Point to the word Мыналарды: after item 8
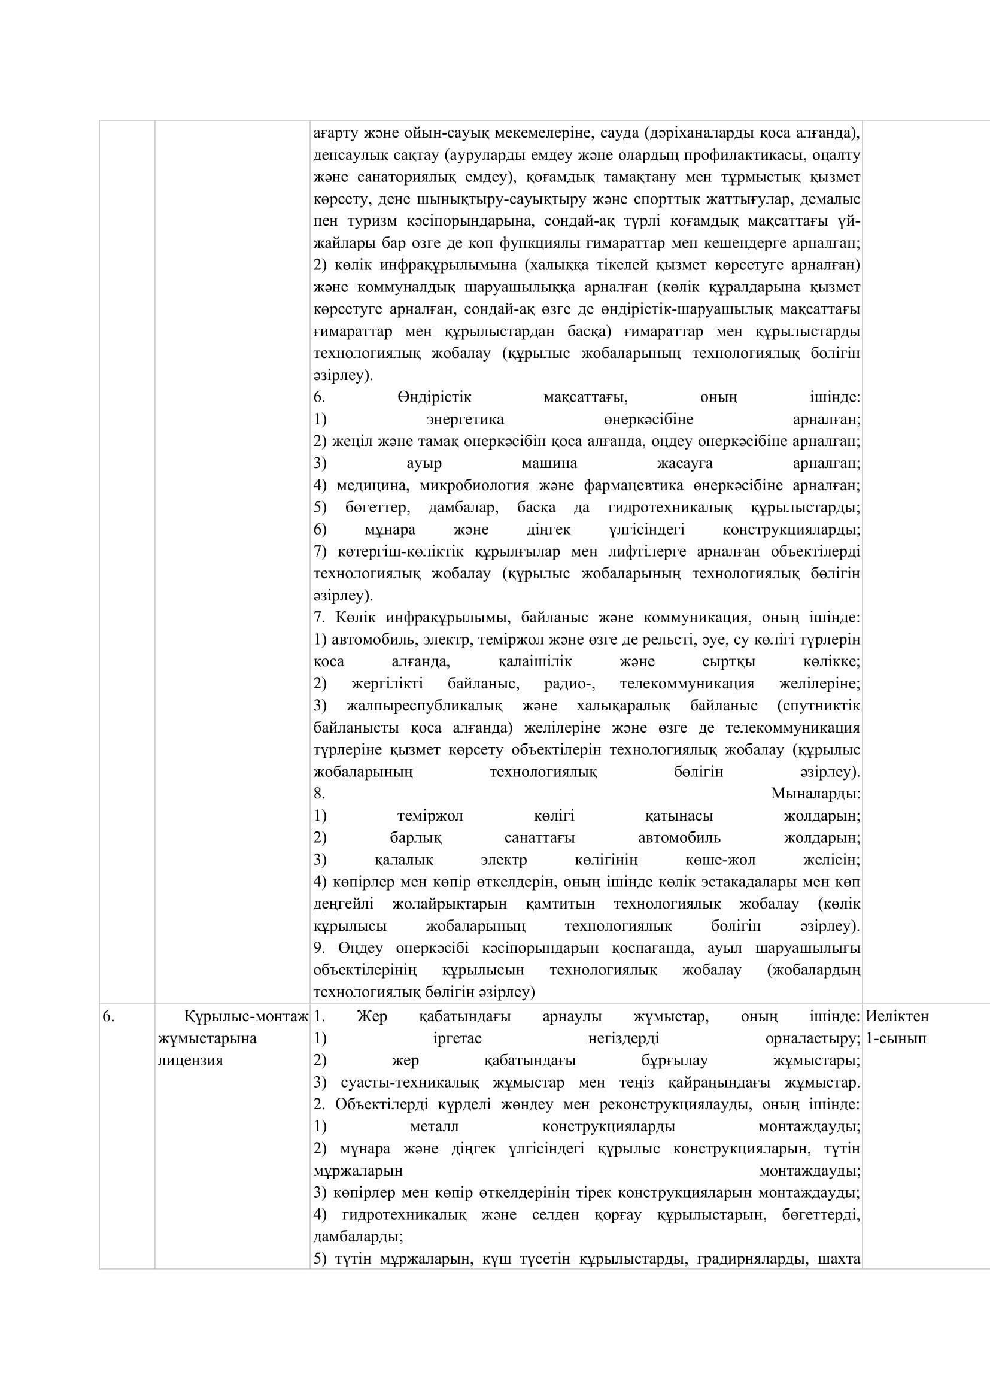coord(816,794)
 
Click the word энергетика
coord(465,420)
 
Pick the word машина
coord(549,463)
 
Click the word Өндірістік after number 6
coord(435,397)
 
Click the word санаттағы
coord(539,838)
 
